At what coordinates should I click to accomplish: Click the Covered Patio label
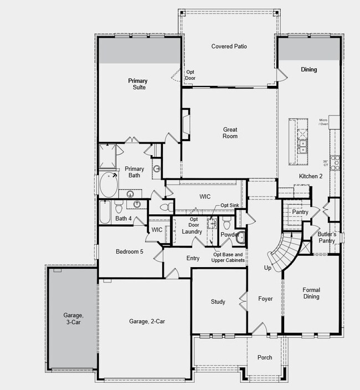229,47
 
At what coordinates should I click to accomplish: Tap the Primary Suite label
138,84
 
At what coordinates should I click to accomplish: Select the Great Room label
230,133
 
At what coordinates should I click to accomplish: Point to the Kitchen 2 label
311,176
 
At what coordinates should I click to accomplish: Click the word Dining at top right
308,70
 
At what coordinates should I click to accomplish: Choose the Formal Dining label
311,293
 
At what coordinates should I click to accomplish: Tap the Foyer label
265,299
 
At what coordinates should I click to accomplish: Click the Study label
218,302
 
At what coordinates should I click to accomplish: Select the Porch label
265,357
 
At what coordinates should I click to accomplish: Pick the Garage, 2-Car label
147,321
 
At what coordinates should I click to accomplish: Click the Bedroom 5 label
129,252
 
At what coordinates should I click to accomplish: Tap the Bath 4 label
124,218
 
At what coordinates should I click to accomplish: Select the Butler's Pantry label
326,237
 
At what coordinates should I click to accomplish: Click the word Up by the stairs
268,268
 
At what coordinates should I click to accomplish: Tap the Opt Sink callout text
230,206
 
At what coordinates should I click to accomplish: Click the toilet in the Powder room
227,224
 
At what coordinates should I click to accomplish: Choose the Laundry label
192,231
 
